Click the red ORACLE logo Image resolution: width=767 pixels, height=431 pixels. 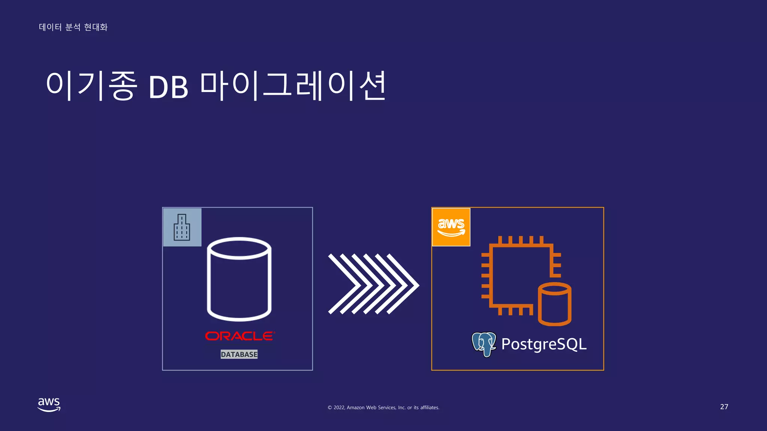tap(240, 336)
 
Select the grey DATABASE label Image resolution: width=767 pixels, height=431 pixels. tap(239, 354)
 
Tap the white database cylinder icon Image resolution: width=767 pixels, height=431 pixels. tap(239, 279)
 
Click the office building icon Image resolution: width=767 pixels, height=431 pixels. tap(182, 227)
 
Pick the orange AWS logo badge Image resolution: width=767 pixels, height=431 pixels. tap(451, 227)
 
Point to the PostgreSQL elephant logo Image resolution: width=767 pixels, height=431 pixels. tap(483, 344)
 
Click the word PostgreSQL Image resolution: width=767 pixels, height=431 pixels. tap(544, 344)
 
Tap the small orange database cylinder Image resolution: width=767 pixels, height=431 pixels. tap(554, 304)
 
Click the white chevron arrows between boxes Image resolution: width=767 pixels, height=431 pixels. tap(373, 284)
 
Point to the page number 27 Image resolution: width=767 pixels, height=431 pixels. tap(724, 407)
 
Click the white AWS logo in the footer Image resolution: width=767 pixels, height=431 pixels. tap(49, 404)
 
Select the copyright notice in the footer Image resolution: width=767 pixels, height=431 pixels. tap(383, 407)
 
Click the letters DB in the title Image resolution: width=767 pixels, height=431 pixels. tap(168, 87)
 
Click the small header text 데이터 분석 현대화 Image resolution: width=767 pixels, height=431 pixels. tap(73, 27)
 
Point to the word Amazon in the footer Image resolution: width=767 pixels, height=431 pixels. tap(356, 407)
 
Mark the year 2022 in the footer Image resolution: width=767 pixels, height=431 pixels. tap(339, 407)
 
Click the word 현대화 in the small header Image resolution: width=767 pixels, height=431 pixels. tap(96, 27)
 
